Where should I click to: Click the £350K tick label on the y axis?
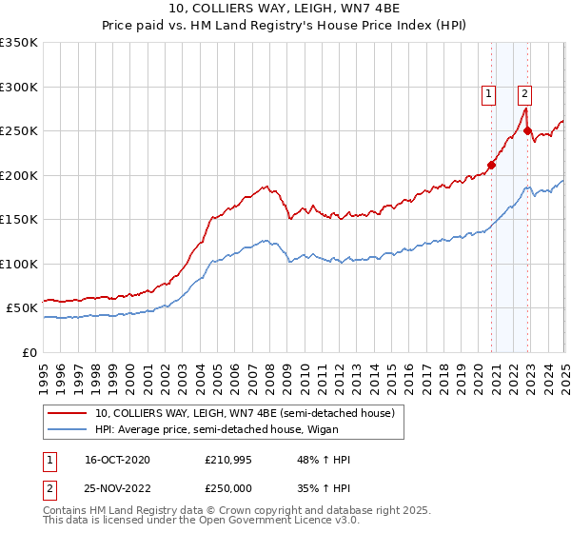[19, 43]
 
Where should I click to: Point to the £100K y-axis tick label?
[19, 264]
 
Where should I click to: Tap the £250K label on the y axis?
[19, 131]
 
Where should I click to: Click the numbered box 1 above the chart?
[488, 93]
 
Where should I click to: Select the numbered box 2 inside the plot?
[524, 93]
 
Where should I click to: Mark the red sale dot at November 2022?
[528, 131]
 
